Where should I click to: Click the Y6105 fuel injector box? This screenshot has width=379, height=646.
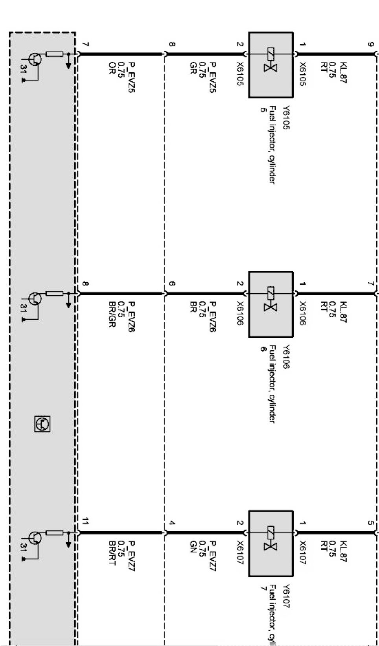[271, 65]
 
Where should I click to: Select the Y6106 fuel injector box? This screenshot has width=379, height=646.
[271, 304]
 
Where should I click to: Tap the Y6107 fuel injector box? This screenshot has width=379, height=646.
[271, 544]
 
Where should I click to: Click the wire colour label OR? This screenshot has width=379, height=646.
[112, 68]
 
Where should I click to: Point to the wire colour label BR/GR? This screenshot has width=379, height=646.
[112, 314]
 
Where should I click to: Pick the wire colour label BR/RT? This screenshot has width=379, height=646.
[112, 553]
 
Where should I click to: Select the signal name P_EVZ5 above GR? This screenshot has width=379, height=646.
[212, 77]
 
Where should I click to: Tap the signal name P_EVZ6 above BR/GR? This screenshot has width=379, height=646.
[131, 317]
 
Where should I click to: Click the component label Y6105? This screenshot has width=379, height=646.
[285, 118]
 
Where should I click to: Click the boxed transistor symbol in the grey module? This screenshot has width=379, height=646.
[42, 423]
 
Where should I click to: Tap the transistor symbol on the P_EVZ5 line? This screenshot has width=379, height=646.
[35, 59]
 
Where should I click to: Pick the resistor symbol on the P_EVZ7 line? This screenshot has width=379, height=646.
[55, 533]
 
